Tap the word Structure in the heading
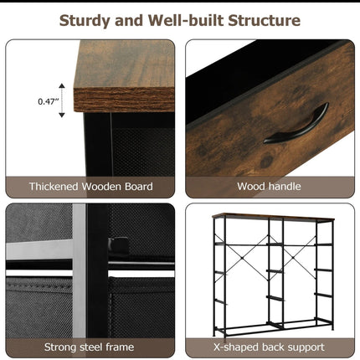(x=265, y=20)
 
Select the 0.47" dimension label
(x=47, y=101)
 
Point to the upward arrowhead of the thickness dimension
(x=62, y=85)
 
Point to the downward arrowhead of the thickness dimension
(x=62, y=115)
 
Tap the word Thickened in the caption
(x=54, y=187)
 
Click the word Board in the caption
(x=139, y=187)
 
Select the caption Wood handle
(x=269, y=187)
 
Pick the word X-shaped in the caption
(x=236, y=347)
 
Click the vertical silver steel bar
(x=80, y=270)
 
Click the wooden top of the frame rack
(x=273, y=218)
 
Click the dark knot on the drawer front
(x=266, y=161)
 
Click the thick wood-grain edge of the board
(x=124, y=100)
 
